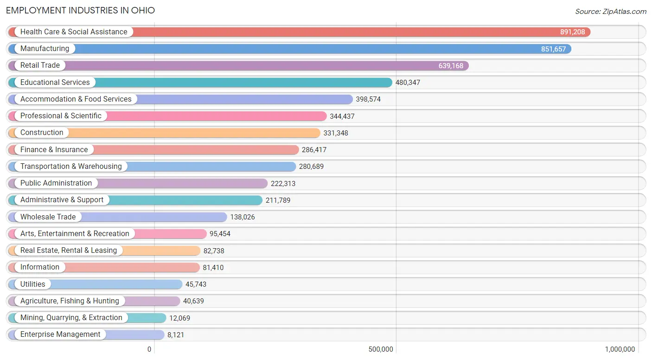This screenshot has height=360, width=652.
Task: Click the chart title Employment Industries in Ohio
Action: coord(80,10)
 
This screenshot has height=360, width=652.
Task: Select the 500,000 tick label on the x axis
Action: coord(381,349)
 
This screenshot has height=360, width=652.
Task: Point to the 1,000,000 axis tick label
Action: coord(620,349)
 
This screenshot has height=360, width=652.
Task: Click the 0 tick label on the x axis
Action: coord(149,349)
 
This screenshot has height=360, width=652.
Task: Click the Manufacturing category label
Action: coord(45,49)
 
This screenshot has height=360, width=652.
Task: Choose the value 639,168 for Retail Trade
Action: coord(451,66)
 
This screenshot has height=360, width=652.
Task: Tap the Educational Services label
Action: coord(55,83)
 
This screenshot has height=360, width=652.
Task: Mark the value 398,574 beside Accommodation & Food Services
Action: coord(368,99)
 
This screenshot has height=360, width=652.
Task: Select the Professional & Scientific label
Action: coord(61,116)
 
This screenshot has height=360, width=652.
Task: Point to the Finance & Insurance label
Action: coord(54,150)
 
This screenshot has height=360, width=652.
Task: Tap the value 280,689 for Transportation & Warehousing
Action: coord(311,167)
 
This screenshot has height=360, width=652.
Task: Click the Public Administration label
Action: coord(56,183)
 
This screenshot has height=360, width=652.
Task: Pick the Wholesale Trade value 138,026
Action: coord(243,217)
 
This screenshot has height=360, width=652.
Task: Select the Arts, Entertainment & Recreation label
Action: coord(75,234)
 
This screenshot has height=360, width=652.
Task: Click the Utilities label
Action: coord(33,284)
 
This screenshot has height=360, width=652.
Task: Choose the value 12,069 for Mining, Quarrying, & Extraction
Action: coord(179,318)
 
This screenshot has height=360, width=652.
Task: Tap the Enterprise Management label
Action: coord(60,334)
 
